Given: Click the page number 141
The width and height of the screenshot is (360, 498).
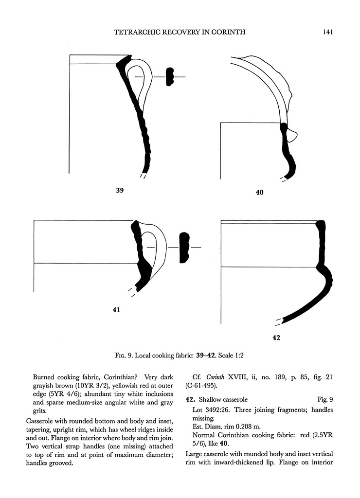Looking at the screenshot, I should click(327, 33).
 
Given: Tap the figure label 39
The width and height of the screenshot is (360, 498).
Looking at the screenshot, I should click(119, 191).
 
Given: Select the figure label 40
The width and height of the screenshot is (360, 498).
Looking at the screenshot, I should click(259, 193).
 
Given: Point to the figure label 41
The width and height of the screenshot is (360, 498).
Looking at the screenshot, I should click(116, 309).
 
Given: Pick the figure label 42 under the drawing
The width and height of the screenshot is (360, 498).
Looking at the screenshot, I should click(276, 338).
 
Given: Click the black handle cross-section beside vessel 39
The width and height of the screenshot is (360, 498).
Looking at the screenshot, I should click(169, 77).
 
